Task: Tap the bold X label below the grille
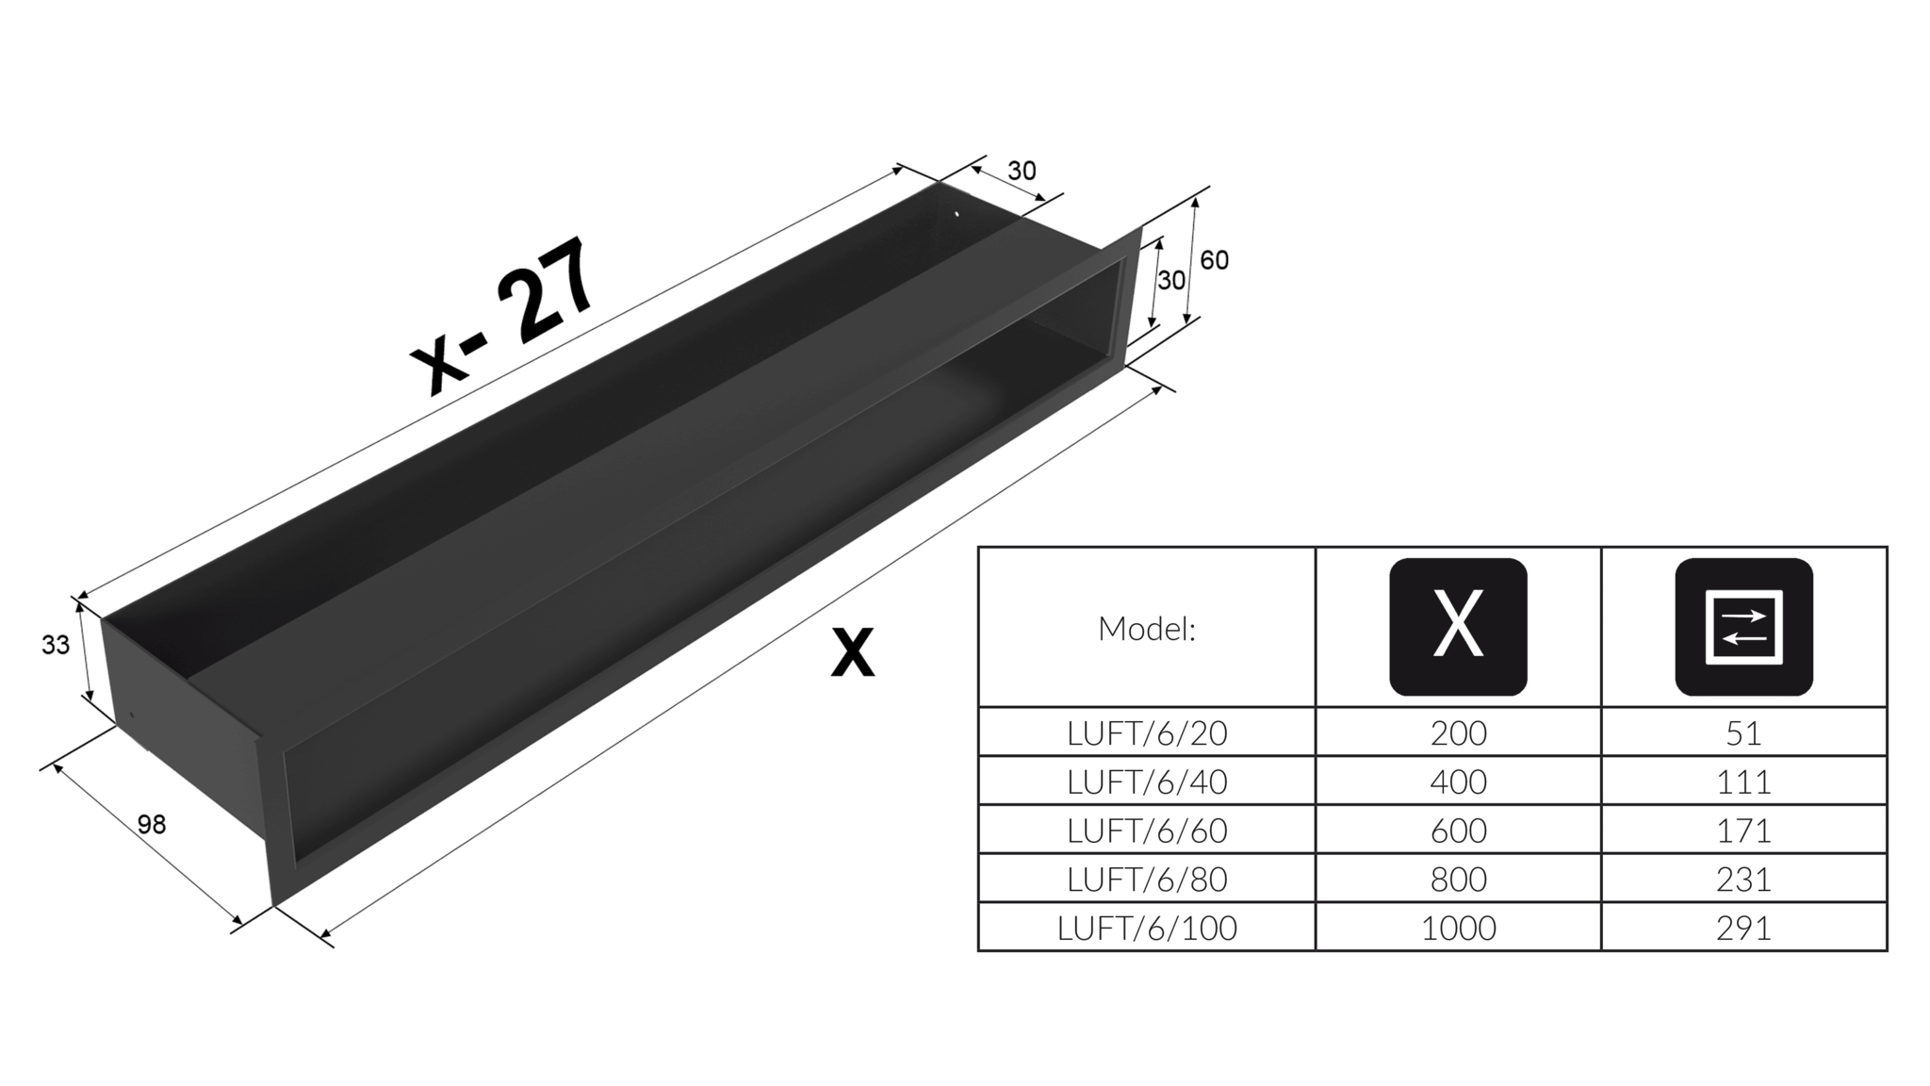(x=853, y=652)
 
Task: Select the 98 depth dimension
(x=152, y=825)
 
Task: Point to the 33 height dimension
(x=56, y=645)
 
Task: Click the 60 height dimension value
(x=1214, y=260)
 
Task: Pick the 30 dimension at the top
(x=1022, y=171)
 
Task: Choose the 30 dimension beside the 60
(x=1171, y=280)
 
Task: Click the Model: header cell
(x=1147, y=629)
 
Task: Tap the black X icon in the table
(x=1458, y=627)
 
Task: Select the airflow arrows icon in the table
(x=1743, y=627)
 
